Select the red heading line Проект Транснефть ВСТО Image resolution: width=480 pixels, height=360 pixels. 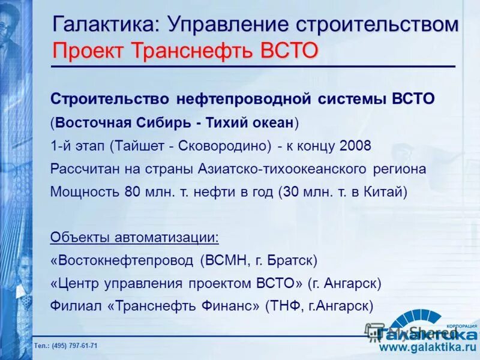(185, 50)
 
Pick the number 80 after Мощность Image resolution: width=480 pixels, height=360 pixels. (132, 192)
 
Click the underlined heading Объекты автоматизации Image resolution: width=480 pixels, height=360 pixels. (134, 238)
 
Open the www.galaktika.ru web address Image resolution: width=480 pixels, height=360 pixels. (427, 347)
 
